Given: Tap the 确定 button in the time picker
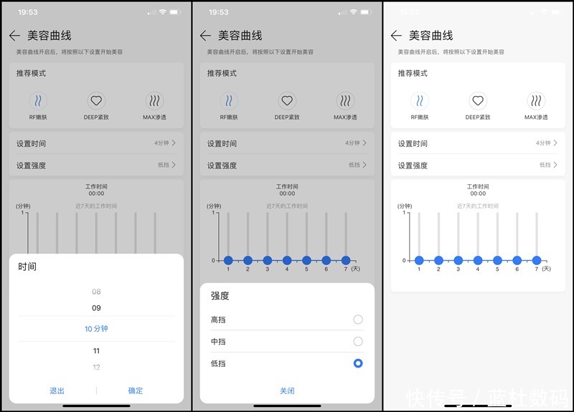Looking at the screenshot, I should pos(136,391).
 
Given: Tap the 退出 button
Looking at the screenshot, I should pos(57,391).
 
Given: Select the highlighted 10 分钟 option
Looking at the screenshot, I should pos(96,329).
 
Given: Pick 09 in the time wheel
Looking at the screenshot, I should pos(96,308).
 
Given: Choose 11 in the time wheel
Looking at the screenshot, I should pos(96,351).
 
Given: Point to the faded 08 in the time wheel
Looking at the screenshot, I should pos(96,292).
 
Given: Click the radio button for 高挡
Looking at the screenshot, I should pos(358,320).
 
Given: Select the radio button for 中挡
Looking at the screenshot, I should pos(358,342).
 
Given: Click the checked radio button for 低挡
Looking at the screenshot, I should pos(358,363).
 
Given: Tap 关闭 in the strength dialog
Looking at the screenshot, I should pos(287,391).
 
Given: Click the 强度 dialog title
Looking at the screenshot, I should pos(220,295).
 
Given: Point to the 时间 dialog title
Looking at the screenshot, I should pos(27,267).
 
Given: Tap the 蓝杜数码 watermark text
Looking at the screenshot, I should pos(530,397).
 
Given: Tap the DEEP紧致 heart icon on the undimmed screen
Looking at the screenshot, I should pos(478,101).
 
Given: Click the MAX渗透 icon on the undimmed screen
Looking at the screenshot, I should pos(536,101).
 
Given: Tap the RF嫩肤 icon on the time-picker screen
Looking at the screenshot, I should pos(38,101).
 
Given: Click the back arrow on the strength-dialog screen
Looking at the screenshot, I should pos(205,36).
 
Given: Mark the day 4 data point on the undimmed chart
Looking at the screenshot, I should pos(478,260).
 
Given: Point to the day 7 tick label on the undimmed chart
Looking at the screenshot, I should pos(536,269).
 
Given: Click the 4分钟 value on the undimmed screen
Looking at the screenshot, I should pos(542,143).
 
